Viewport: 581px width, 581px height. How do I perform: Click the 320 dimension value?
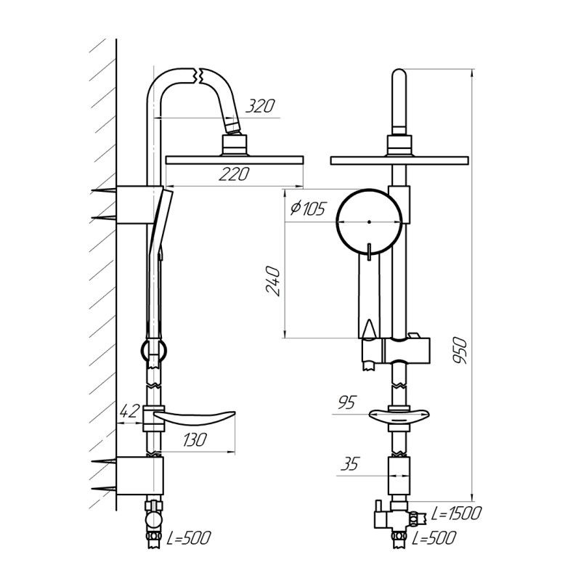(x=261, y=106)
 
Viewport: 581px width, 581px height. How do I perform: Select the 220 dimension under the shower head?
(x=234, y=174)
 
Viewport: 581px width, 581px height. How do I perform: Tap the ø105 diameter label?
(x=307, y=208)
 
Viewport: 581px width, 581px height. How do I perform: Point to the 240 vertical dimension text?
(x=273, y=280)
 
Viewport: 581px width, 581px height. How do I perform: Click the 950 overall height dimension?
(x=460, y=350)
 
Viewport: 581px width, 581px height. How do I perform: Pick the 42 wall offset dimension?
(x=129, y=411)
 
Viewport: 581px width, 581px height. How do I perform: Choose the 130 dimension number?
(x=194, y=440)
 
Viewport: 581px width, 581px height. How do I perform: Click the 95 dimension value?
(x=347, y=402)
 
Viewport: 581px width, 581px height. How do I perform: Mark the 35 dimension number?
(x=350, y=463)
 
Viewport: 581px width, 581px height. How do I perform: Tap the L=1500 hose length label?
(x=456, y=513)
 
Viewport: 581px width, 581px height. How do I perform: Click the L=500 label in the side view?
(x=189, y=537)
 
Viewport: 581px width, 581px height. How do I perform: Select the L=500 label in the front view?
(x=434, y=538)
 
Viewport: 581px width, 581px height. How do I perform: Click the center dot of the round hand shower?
(x=369, y=222)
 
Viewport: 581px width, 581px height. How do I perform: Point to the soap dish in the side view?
(x=194, y=418)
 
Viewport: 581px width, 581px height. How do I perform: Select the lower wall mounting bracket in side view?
(x=139, y=476)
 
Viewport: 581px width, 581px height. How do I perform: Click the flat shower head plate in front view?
(x=399, y=161)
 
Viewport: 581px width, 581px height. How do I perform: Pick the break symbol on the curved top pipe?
(x=196, y=76)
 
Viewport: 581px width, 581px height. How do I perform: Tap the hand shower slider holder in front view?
(x=396, y=349)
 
